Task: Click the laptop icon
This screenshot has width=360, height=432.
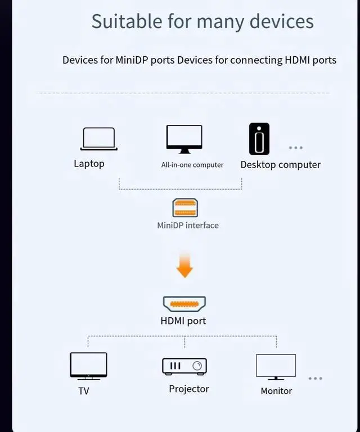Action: [x=99, y=139]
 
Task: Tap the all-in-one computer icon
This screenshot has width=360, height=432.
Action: [x=184, y=139]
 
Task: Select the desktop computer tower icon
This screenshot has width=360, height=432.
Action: [x=259, y=139]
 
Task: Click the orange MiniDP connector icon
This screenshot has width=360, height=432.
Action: [x=184, y=208]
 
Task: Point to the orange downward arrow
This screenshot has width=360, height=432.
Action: [x=184, y=265]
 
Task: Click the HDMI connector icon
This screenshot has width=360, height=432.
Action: [x=184, y=304]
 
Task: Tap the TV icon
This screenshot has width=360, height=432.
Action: [x=88, y=366]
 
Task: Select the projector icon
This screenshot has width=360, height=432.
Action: [x=184, y=366]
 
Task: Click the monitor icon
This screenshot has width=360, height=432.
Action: [x=276, y=367]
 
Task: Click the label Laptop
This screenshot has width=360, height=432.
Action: [x=89, y=164]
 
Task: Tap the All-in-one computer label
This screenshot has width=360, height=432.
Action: [x=192, y=165]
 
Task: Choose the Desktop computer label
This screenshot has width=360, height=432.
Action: [x=280, y=165]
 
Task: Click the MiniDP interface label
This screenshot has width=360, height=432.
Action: [x=188, y=225]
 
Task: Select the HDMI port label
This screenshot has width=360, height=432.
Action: [x=183, y=321]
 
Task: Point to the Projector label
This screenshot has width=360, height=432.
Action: [x=189, y=389]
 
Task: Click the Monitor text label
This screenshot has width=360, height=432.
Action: [x=276, y=390]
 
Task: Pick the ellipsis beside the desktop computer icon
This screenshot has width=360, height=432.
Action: [x=296, y=148]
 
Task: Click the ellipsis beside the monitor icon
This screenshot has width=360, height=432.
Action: [x=315, y=378]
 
